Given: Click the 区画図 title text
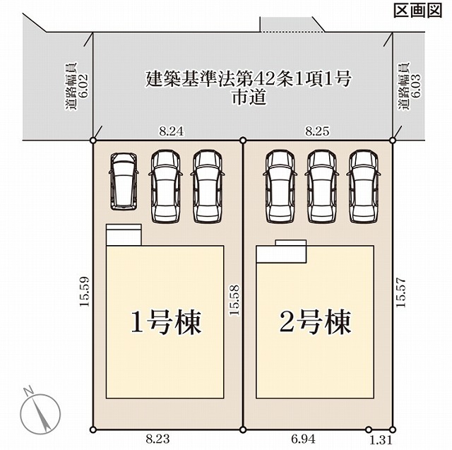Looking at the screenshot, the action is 417,11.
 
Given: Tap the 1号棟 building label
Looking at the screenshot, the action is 166,322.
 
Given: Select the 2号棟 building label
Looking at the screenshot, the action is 315,322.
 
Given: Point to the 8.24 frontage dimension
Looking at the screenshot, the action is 172,131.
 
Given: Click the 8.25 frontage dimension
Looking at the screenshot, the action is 317,131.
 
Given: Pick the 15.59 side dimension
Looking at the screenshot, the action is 85,292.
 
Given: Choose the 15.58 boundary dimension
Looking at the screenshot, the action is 234,300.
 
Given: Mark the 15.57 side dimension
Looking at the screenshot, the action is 400,292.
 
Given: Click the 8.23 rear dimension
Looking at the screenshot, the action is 157,439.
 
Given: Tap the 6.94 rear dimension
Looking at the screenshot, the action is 303,439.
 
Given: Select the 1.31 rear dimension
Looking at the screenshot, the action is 381,440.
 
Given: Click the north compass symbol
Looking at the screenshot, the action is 40,410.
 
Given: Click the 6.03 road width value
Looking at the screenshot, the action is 416,86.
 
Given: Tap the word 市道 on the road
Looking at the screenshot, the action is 249,97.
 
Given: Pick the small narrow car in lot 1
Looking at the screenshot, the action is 124,182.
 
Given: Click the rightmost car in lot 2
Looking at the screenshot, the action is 364,186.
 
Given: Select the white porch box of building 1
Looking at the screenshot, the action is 124,235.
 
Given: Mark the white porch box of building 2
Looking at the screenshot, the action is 281,251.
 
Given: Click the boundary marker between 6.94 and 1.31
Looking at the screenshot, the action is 369,430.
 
